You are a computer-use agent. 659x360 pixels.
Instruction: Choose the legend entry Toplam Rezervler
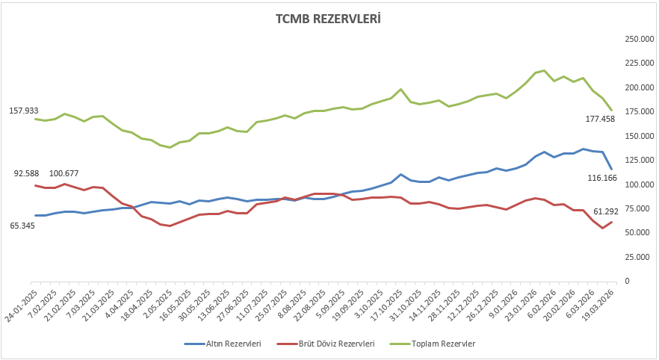(441, 344)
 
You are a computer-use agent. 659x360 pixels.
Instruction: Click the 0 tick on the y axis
(626, 281)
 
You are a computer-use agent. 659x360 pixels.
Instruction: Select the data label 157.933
(23, 111)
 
